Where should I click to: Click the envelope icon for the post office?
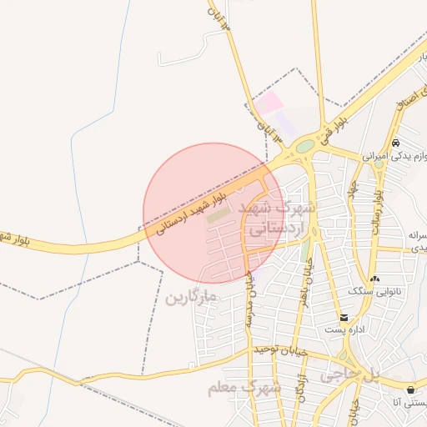point(344,318)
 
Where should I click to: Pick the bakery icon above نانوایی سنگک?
point(374,279)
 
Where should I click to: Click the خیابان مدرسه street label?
point(248,301)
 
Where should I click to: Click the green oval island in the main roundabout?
point(305,146)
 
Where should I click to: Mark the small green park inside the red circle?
point(218,215)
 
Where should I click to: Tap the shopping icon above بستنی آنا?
point(411,389)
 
